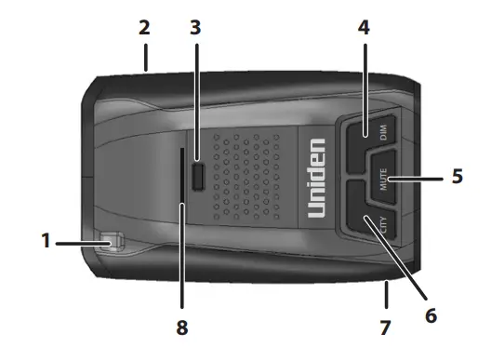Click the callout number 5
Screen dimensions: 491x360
(x=457, y=176)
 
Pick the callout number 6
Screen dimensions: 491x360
(x=430, y=314)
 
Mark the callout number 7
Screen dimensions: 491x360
(x=384, y=327)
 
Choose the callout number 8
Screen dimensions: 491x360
(x=183, y=327)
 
